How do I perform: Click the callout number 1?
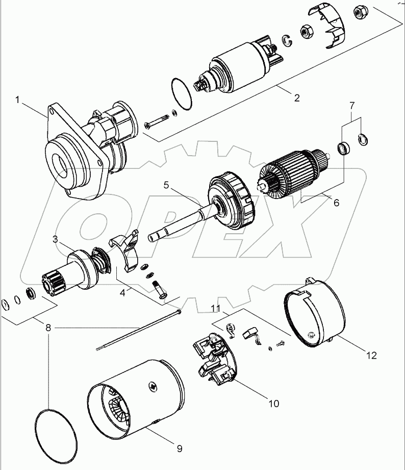pos(18,101)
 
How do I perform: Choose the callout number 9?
pos(179,449)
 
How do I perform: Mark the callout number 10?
pos(273,404)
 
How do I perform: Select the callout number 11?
pos(216,309)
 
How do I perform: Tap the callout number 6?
pos(336,202)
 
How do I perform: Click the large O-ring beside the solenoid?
pos(181,94)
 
